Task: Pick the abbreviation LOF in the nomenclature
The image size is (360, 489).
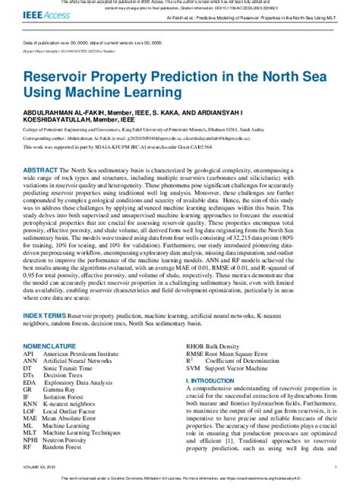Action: click(29, 411)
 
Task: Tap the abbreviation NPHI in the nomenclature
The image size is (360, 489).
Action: click(30, 439)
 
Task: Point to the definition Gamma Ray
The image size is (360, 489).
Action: click(63, 390)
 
